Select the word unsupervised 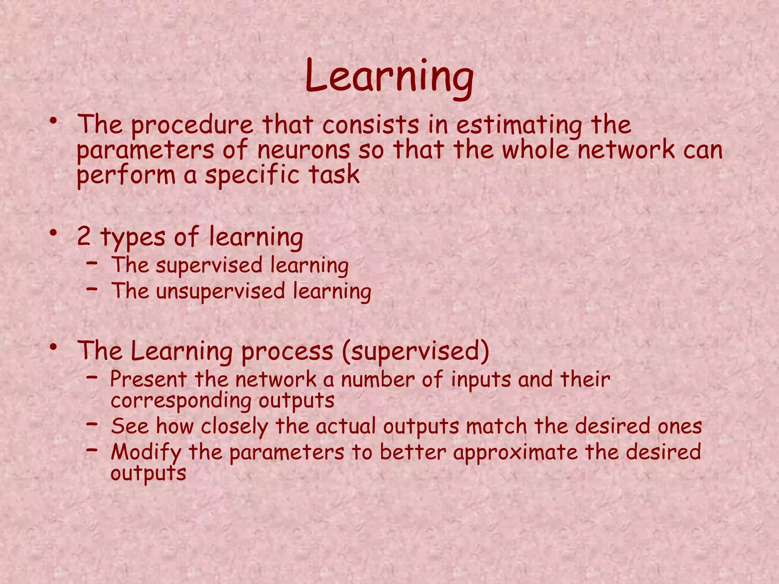point(220,292)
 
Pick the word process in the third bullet point(287,352)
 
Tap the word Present point(148,379)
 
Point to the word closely point(234,427)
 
